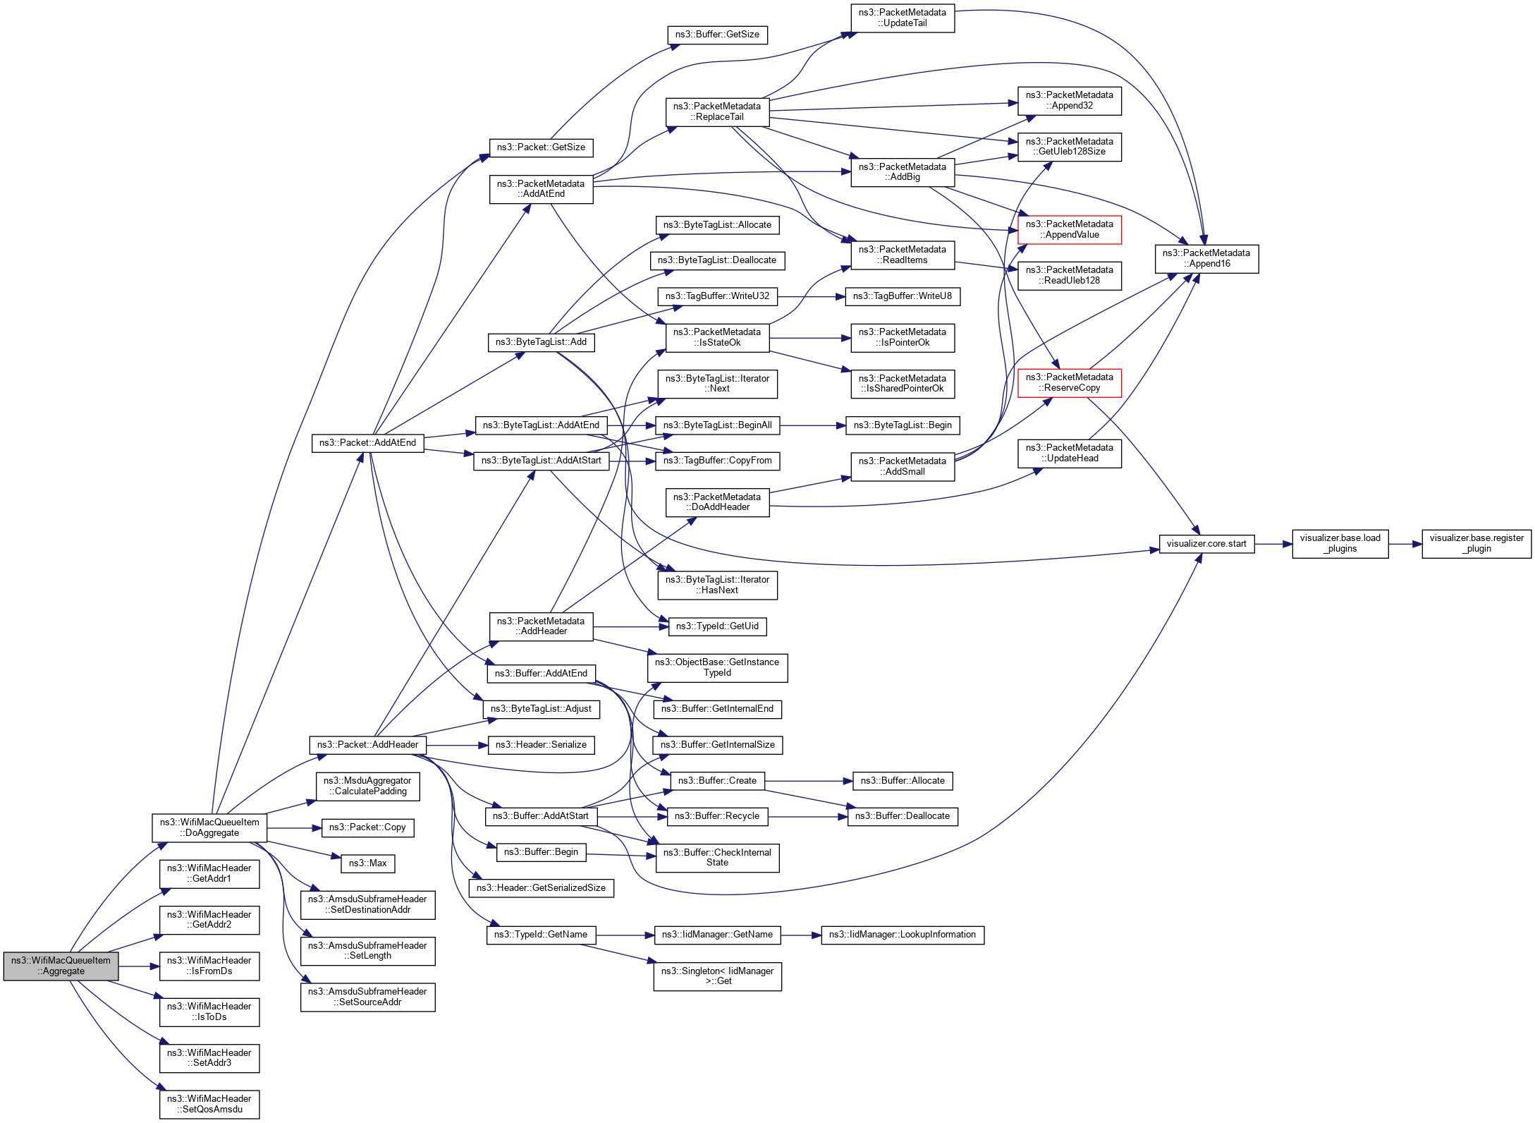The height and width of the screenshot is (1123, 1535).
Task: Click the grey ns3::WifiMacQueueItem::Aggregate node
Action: (x=61, y=966)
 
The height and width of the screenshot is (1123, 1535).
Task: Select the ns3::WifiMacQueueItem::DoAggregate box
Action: (x=209, y=827)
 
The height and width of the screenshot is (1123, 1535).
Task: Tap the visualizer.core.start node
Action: (x=1206, y=544)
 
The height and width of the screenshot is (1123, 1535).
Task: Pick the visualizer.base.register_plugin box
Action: (x=1476, y=543)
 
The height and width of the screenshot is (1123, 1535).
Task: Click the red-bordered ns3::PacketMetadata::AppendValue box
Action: (x=1069, y=230)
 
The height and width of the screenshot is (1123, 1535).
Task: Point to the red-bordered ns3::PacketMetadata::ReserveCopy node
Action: (x=1069, y=383)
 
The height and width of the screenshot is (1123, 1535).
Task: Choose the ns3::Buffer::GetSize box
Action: (x=717, y=35)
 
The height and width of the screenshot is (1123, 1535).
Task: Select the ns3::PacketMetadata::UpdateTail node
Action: (x=903, y=18)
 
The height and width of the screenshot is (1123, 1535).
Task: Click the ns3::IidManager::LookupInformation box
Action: (x=903, y=935)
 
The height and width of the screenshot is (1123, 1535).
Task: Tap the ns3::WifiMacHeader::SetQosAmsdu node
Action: (x=209, y=1104)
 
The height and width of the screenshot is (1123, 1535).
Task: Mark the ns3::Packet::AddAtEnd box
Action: (x=367, y=443)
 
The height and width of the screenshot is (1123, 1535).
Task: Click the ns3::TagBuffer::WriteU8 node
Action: (x=903, y=296)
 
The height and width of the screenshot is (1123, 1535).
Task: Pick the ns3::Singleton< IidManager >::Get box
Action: (x=717, y=976)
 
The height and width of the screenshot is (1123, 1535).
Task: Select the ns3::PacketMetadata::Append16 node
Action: (x=1206, y=259)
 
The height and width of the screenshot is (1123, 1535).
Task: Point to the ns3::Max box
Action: (x=367, y=863)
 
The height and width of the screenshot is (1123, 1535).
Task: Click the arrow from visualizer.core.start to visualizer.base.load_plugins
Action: (x=1273, y=544)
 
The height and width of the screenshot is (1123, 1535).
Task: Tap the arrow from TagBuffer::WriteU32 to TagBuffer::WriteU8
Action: (x=811, y=297)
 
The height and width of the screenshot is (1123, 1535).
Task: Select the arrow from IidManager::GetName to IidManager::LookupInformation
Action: (x=801, y=935)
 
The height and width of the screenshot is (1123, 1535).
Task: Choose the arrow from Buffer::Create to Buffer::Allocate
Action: (x=808, y=781)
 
